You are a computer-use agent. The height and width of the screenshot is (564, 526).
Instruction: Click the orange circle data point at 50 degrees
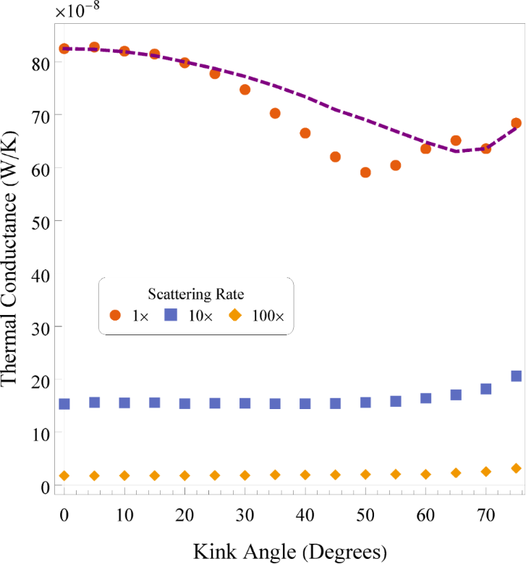(365, 172)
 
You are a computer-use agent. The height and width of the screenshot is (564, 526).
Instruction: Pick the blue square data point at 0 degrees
(64, 404)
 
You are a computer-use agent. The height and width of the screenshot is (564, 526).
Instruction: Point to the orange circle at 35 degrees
(275, 113)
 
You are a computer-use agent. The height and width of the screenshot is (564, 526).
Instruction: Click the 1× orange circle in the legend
(115, 315)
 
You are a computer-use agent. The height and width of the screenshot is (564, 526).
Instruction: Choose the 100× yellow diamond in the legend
(234, 315)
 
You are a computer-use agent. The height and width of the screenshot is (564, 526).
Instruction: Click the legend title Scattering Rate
(195, 294)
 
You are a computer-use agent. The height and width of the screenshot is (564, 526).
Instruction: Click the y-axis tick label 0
(46, 485)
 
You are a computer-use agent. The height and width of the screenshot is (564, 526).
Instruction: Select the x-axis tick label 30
(245, 512)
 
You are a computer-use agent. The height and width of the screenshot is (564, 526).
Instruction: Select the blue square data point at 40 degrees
(305, 404)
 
